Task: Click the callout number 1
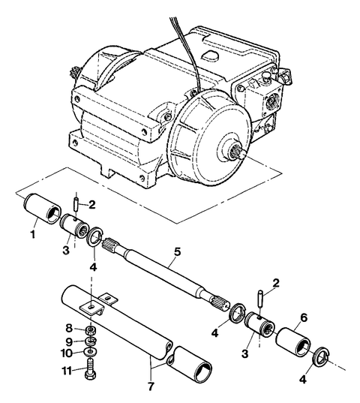[x=32, y=234]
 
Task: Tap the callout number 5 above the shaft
[x=177, y=252]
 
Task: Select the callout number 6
[x=304, y=318]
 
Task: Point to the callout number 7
[x=151, y=386]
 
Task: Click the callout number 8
[x=69, y=328]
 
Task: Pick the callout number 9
[x=69, y=342]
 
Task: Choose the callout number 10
[x=67, y=353]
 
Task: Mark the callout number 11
[x=66, y=371]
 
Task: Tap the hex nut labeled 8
[x=91, y=330]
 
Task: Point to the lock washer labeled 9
[x=91, y=341]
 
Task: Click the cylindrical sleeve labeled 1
[x=42, y=208]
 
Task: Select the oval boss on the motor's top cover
[x=210, y=54]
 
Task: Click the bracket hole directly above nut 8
[x=91, y=307]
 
